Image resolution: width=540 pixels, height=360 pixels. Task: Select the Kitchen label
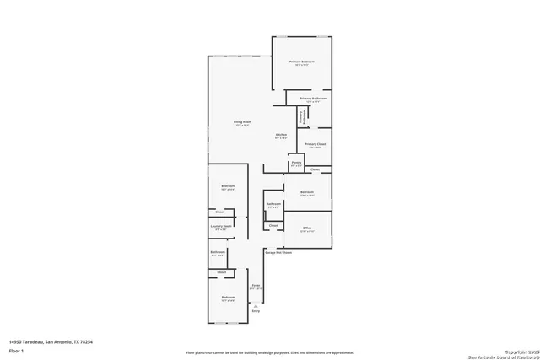point(282,135)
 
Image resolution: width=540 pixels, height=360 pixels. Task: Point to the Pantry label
point(296,163)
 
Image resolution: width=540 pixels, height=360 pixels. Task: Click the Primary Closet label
point(316,145)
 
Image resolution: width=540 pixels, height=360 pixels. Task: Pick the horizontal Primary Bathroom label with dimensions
point(312,99)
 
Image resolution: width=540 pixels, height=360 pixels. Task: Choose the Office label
point(307,228)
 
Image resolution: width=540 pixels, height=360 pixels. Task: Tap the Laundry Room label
point(222,226)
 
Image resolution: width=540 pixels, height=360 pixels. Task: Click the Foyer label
point(256,287)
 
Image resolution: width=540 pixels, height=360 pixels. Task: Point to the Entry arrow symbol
point(256,304)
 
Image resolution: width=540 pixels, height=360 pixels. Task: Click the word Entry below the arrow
point(256,311)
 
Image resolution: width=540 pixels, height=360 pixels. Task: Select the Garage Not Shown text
point(278,251)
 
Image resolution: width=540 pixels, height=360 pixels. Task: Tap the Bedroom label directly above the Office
point(307,193)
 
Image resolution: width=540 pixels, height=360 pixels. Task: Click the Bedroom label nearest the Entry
point(228,298)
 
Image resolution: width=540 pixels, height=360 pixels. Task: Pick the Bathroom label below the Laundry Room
point(218,252)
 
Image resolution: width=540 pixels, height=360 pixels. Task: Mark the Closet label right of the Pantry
point(315,170)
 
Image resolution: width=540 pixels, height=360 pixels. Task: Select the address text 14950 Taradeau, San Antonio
point(50,341)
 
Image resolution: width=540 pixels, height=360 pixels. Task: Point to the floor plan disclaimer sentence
point(270,352)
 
